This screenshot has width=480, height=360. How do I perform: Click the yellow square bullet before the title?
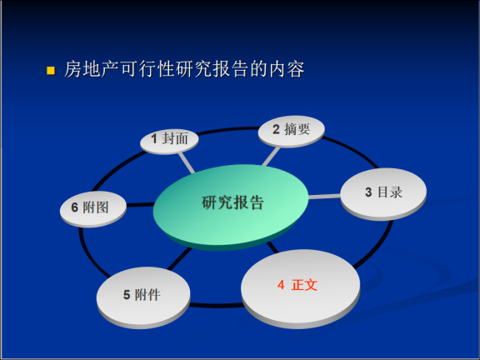[x=50, y=70]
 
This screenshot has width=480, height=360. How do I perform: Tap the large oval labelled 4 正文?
[x=300, y=285]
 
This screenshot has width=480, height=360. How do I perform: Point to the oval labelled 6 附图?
[x=92, y=207]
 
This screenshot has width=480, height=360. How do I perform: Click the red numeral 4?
[x=281, y=285]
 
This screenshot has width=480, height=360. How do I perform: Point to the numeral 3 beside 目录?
[x=367, y=192]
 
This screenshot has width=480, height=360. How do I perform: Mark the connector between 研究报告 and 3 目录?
[x=326, y=197]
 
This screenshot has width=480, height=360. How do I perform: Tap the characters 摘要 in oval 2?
[x=297, y=129]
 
